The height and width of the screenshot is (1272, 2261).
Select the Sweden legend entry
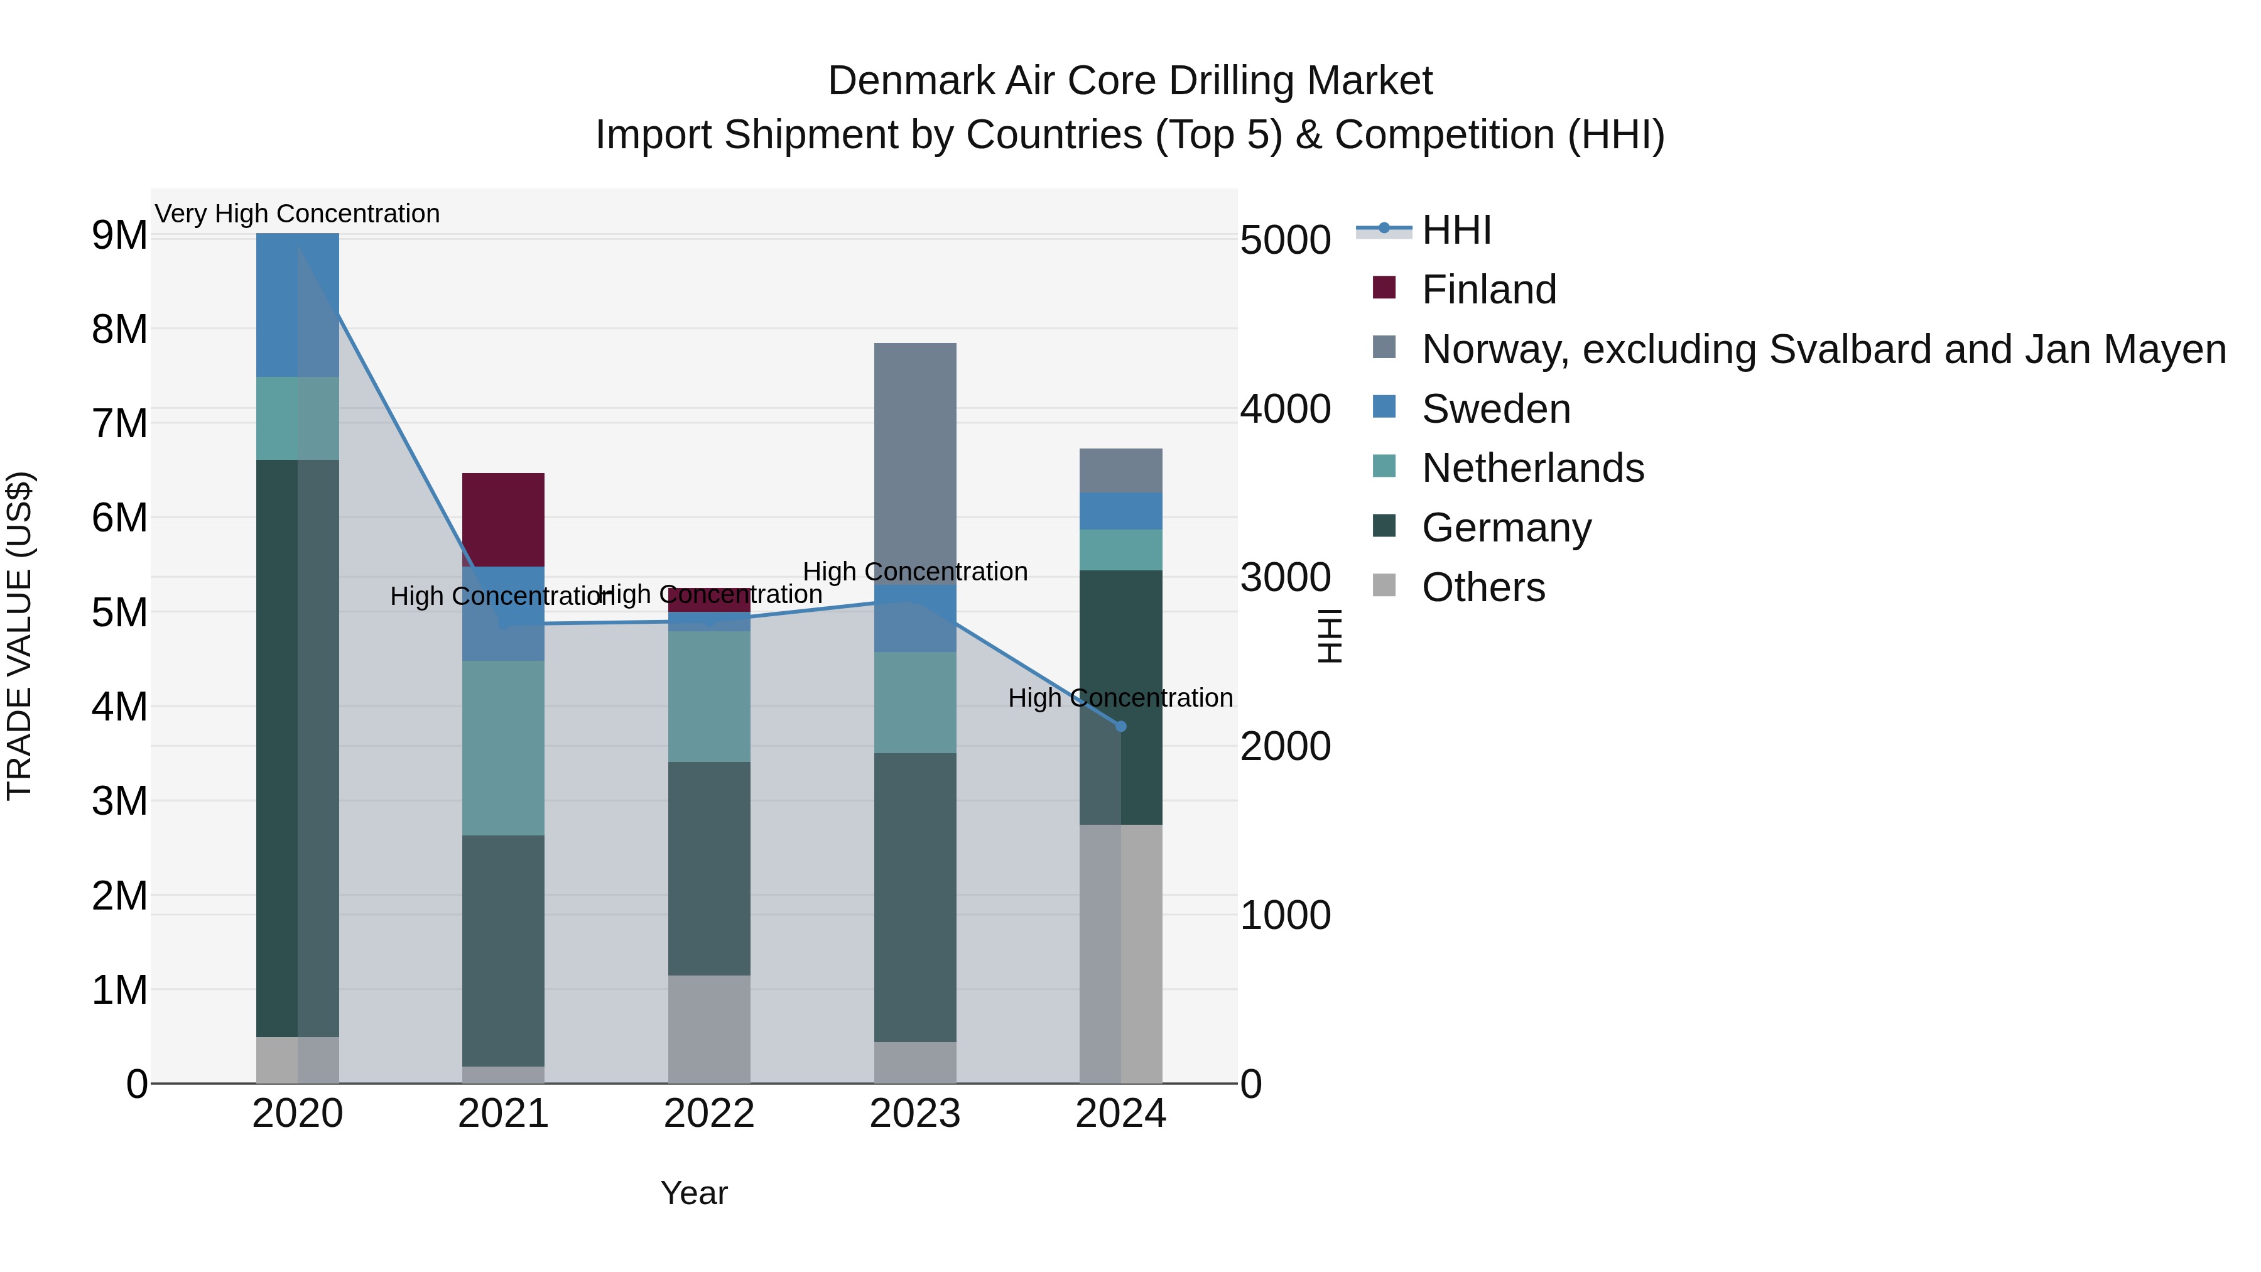click(x=1495, y=409)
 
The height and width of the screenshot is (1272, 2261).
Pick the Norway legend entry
click(x=1823, y=349)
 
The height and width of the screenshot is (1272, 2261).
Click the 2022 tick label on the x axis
click(x=708, y=1114)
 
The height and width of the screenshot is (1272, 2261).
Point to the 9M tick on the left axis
click(x=119, y=236)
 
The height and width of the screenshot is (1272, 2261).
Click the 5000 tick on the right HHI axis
click(x=1285, y=241)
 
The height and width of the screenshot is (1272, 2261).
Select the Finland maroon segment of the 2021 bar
click(x=503, y=519)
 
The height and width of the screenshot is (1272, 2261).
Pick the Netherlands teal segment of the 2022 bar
click(x=708, y=695)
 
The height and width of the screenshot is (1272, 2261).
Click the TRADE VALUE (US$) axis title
click(x=20, y=636)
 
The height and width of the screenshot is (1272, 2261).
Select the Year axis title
click(x=693, y=1193)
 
